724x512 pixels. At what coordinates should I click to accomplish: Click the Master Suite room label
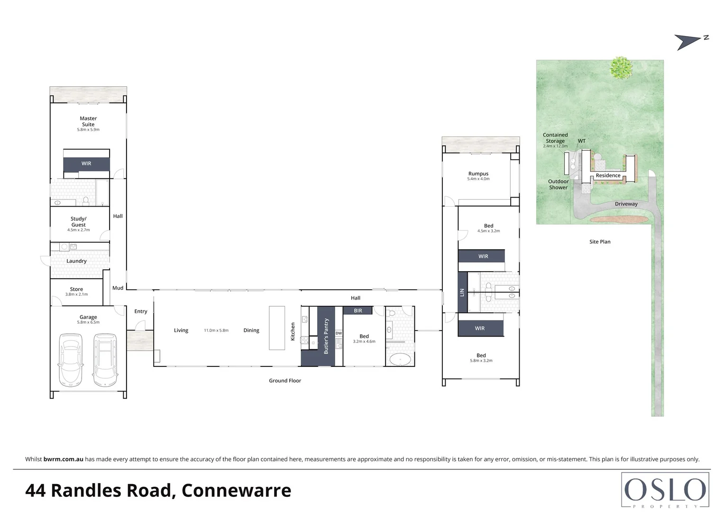pyautogui.click(x=88, y=121)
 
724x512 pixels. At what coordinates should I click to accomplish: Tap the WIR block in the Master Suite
pyautogui.click(x=86, y=164)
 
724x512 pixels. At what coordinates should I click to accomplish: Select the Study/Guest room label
pyautogui.click(x=79, y=222)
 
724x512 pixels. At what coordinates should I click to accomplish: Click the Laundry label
pyautogui.click(x=76, y=261)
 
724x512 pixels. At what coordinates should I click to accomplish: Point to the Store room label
pyautogui.click(x=76, y=289)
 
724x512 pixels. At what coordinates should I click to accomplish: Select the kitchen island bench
pyautogui.click(x=277, y=328)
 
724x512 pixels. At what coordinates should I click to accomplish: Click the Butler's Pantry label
pyautogui.click(x=326, y=336)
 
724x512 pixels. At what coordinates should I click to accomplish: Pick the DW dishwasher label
pyautogui.click(x=339, y=333)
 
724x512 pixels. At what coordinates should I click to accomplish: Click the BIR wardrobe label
pyautogui.click(x=358, y=311)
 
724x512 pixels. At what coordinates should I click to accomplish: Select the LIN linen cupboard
pyautogui.click(x=462, y=293)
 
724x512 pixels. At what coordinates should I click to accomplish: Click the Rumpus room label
pyautogui.click(x=478, y=174)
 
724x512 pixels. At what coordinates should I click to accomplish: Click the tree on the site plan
pyautogui.click(x=621, y=67)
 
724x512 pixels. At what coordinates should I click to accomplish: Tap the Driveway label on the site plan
pyautogui.click(x=626, y=204)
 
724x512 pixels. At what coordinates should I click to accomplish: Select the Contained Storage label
pyautogui.click(x=555, y=138)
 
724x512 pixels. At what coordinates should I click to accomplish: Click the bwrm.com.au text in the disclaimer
pyautogui.click(x=64, y=459)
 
